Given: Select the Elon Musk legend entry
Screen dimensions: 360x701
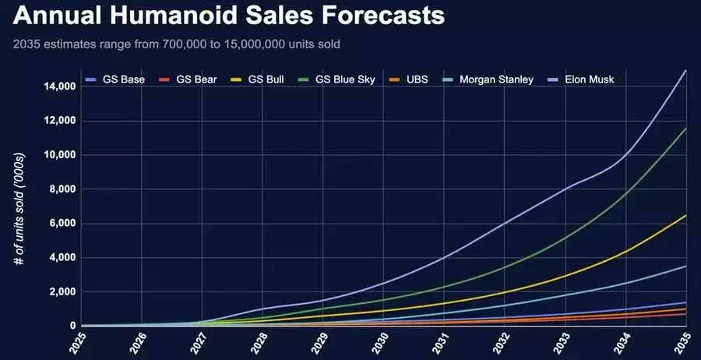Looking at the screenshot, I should (x=580, y=79).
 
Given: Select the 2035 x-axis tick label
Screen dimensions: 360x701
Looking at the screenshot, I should (x=685, y=344).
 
